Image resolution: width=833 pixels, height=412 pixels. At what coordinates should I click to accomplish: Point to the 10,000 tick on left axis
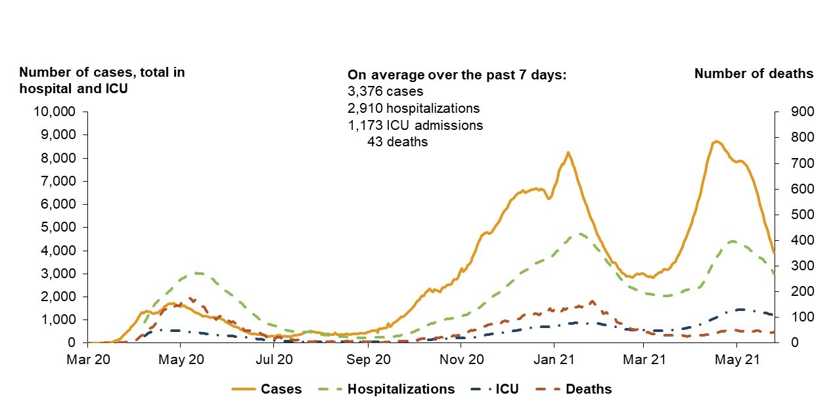point(55,112)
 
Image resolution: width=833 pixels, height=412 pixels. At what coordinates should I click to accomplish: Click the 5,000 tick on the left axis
point(58,227)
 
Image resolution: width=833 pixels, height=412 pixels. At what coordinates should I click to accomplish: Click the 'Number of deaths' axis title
point(754,73)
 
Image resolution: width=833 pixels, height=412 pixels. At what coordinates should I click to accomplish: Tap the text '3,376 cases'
point(385,91)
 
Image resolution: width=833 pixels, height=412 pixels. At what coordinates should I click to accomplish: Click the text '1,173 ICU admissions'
point(415,125)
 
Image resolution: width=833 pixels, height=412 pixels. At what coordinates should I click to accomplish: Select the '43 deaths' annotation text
point(397,142)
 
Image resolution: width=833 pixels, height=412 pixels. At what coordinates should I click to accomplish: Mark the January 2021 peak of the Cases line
point(568,153)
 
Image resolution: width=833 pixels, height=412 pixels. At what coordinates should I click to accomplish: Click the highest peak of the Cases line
point(716,141)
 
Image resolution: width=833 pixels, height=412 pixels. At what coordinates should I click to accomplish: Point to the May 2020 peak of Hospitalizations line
point(198,273)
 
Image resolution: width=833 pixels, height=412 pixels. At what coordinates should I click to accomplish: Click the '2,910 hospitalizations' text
point(413,108)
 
